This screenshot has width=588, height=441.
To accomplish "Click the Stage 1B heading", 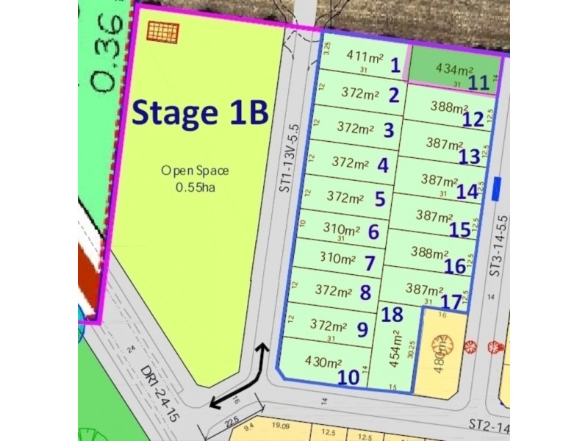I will pyautogui.click(x=198, y=114).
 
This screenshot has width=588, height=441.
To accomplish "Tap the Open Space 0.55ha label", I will pyautogui.click(x=196, y=179).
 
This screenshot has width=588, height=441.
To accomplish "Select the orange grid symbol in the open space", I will pyautogui.click(x=163, y=31).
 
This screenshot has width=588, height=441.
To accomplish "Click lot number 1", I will pyautogui.click(x=395, y=65).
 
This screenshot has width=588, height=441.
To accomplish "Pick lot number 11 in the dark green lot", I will pyautogui.click(x=479, y=82).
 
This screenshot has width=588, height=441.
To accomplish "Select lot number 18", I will pyautogui.click(x=393, y=315).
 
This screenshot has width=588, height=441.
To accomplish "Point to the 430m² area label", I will pyautogui.click(x=324, y=362).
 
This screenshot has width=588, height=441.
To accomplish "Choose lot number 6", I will pyautogui.click(x=373, y=232).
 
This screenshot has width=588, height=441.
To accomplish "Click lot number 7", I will pyautogui.click(x=370, y=263).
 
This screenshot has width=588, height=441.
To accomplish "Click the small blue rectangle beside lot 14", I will pyautogui.click(x=498, y=187).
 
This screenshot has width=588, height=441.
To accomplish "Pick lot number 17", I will pyautogui.click(x=451, y=301).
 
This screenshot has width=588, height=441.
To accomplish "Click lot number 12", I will pyautogui.click(x=473, y=118).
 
